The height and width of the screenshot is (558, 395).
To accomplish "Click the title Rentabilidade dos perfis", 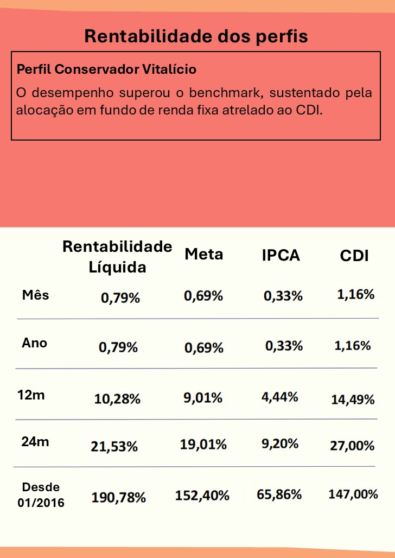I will [x=196, y=36].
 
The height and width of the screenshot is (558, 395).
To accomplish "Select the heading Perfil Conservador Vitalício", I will [x=106, y=69].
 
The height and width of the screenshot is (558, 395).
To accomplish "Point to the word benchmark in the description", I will [x=224, y=92].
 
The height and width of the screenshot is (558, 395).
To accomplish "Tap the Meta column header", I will [x=203, y=254].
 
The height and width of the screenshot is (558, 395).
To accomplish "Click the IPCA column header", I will [x=281, y=255].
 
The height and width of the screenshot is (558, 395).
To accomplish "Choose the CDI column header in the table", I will [x=354, y=256].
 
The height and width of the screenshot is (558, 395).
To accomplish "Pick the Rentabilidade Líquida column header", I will [x=117, y=256].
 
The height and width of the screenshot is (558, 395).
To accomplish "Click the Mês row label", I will [x=35, y=295].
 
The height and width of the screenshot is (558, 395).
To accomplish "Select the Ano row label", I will [x=34, y=343].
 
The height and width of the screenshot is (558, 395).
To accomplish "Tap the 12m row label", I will [x=31, y=395].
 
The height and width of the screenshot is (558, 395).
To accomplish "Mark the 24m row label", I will [x=35, y=442].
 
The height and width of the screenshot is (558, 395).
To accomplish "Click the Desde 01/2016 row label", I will [x=43, y=494].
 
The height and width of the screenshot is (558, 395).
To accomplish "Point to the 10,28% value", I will [x=117, y=399].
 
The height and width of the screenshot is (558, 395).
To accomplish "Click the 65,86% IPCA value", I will [x=278, y=494].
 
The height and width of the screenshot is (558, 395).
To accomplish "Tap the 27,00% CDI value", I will [x=352, y=446].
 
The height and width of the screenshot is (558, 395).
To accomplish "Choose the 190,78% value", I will [x=118, y=497].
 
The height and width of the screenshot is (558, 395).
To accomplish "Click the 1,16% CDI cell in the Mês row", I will [x=356, y=295].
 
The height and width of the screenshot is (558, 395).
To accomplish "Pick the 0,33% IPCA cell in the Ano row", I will [x=284, y=346].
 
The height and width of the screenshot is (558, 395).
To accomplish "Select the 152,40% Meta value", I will [x=202, y=495].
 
